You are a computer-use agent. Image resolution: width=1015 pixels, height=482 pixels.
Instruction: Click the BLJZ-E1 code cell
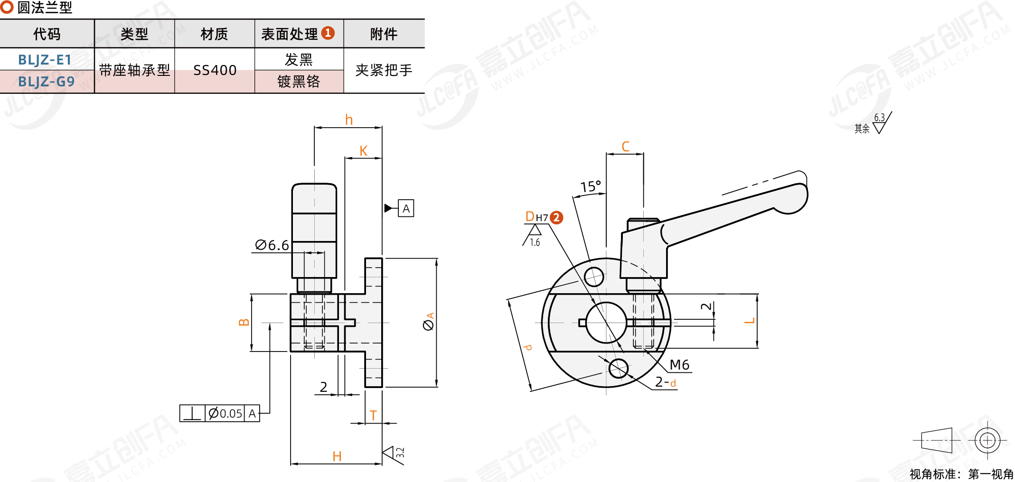[x=45, y=60]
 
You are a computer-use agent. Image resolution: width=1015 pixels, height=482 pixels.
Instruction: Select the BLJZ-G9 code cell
[x=46, y=82]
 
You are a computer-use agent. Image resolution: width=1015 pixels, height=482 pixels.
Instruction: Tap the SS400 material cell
[x=215, y=71]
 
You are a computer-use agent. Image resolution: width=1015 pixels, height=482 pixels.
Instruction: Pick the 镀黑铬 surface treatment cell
[x=299, y=82]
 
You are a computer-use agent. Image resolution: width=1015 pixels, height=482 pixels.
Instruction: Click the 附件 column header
[x=384, y=34]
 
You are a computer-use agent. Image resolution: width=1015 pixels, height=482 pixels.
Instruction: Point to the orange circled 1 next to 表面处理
[x=328, y=33]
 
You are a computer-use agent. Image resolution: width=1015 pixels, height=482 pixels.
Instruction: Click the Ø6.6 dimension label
[x=272, y=245]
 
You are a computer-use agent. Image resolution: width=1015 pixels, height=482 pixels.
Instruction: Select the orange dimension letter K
[x=363, y=151]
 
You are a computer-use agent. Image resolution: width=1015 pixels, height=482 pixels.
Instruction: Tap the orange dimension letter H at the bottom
[x=337, y=456]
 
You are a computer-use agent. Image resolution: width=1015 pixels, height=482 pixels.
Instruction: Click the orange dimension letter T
[x=373, y=416]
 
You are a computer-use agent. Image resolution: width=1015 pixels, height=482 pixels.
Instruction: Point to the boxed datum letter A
[x=406, y=209]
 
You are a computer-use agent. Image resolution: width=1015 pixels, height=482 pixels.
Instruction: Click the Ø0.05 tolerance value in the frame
[x=226, y=414]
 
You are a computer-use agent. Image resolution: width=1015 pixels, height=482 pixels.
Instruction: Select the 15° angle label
[x=591, y=186]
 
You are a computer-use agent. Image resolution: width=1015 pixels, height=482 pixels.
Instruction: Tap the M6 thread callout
[x=679, y=365]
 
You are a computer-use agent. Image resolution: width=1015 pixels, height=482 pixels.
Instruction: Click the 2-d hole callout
[x=666, y=382]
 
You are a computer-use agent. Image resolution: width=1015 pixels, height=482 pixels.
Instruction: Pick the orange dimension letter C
[x=625, y=147]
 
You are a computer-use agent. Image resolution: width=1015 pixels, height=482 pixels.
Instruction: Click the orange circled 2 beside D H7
[x=556, y=218]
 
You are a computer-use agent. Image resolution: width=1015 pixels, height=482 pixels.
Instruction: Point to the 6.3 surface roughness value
[x=879, y=118]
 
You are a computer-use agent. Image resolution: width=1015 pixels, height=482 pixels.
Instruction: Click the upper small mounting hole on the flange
[x=594, y=277]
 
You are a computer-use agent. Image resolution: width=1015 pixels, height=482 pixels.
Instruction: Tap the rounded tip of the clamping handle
[x=798, y=199]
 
